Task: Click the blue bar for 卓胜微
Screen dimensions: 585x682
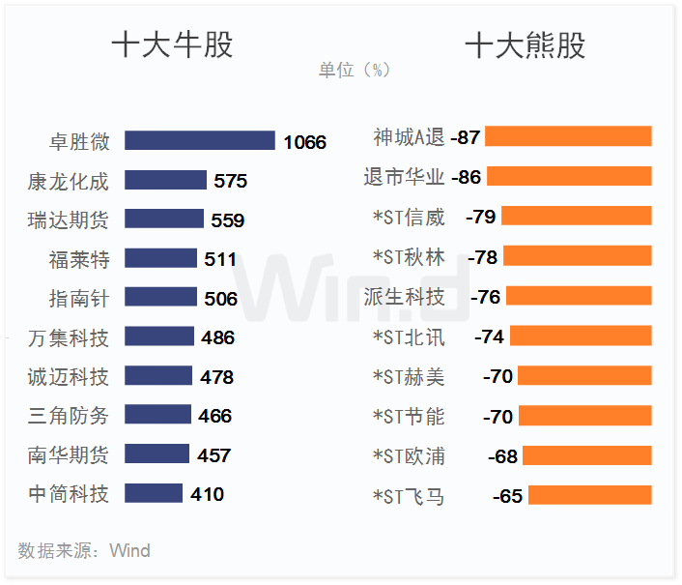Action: pyautogui.click(x=200, y=141)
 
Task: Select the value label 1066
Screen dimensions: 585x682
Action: pyautogui.click(x=305, y=142)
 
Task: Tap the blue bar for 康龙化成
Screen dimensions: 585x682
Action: pyautogui.click(x=165, y=181)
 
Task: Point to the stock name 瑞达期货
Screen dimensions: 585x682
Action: pyautogui.click(x=69, y=220)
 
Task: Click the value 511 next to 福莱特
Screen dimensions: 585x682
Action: pyautogui.click(x=220, y=259)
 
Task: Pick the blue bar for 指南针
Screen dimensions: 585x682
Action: pyautogui.click(x=160, y=298)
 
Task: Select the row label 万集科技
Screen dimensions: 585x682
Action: pyautogui.click(x=69, y=337)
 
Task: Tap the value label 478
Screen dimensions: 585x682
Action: pyautogui.click(x=217, y=377)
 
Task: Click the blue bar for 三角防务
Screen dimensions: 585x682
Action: pyautogui.click(x=157, y=416)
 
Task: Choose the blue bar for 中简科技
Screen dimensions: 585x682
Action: pyautogui.click(x=154, y=494)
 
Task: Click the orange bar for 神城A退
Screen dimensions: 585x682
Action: pyautogui.click(x=568, y=136)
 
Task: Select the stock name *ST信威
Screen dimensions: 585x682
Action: pyautogui.click(x=409, y=217)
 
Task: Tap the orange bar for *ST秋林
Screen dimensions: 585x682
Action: pyautogui.click(x=578, y=256)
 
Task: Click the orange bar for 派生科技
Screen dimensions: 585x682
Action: pyautogui.click(x=579, y=296)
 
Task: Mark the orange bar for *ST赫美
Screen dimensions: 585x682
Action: pyautogui.click(x=584, y=376)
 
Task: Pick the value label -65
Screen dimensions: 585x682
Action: pyautogui.click(x=507, y=496)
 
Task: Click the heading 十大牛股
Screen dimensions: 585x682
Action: pyautogui.click(x=172, y=45)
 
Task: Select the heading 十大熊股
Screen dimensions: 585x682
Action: pyautogui.click(x=525, y=45)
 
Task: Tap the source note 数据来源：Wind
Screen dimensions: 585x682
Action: pyautogui.click(x=84, y=551)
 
